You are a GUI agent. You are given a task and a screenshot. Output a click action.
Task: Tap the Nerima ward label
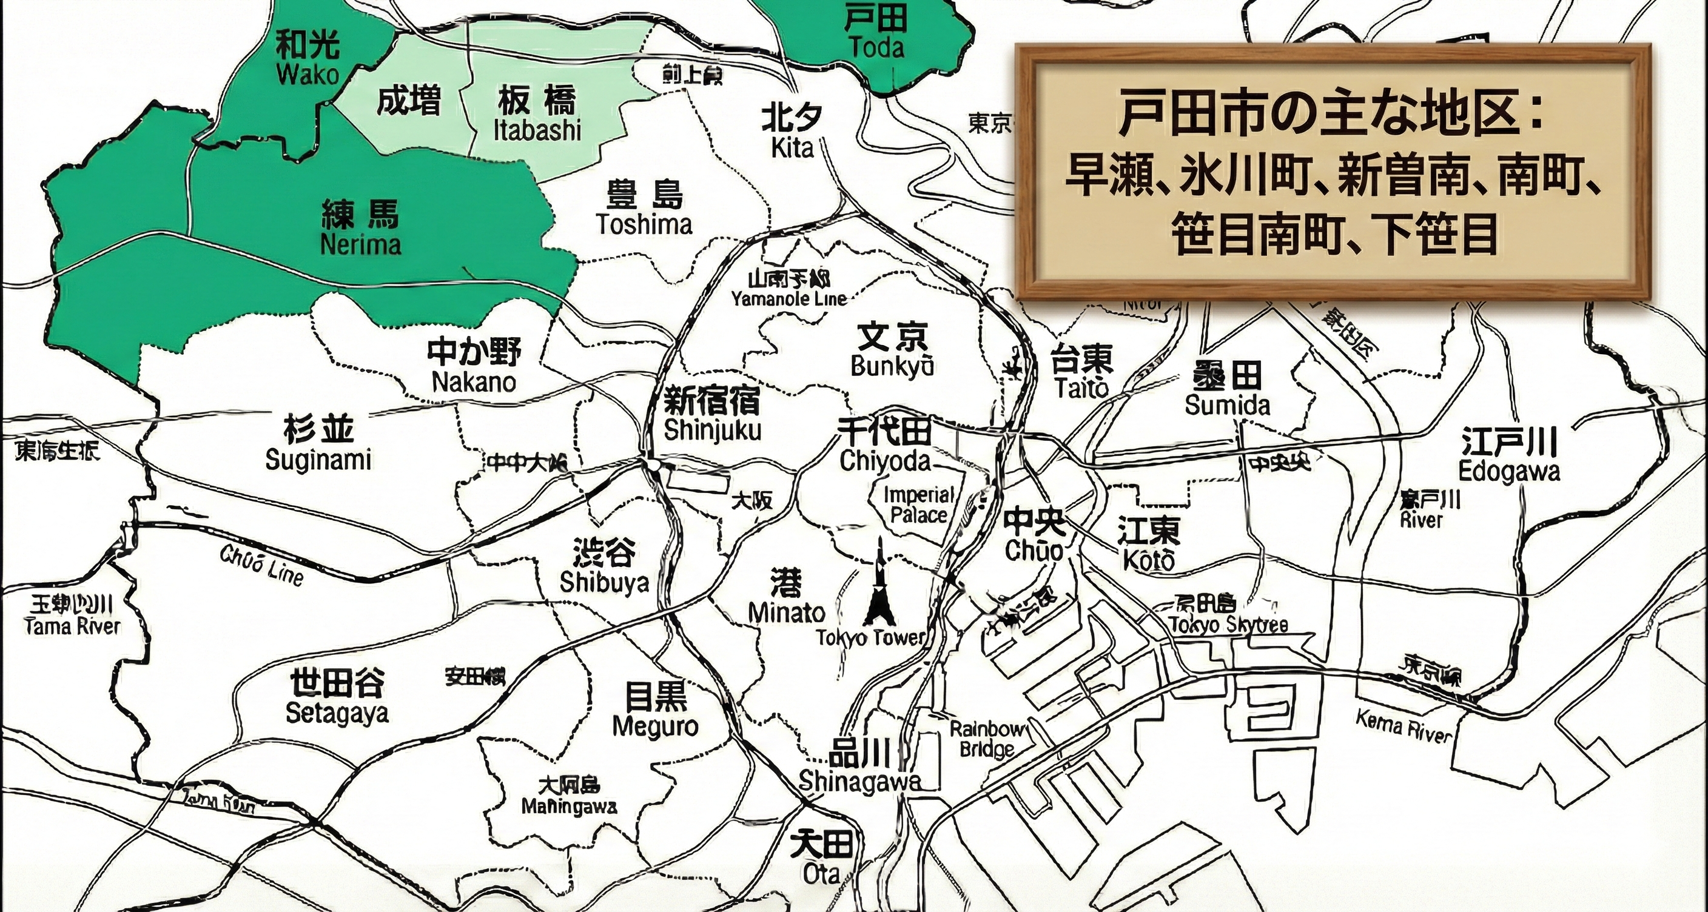(x=360, y=229)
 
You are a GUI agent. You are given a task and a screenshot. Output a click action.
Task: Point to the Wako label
(x=308, y=59)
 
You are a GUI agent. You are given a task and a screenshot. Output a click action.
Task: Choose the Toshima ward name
(x=644, y=209)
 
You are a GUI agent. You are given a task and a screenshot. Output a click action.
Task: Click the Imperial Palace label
(x=919, y=505)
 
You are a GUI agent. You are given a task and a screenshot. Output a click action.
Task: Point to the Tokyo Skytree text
(x=1229, y=625)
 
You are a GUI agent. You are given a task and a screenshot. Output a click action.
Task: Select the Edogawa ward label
(x=1509, y=457)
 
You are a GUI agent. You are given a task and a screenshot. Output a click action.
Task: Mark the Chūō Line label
(x=262, y=566)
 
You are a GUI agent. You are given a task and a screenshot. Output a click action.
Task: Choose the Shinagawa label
(x=860, y=769)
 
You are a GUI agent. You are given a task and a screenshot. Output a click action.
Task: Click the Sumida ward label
(x=1227, y=391)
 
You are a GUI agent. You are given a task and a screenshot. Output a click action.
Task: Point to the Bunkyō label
(x=892, y=351)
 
